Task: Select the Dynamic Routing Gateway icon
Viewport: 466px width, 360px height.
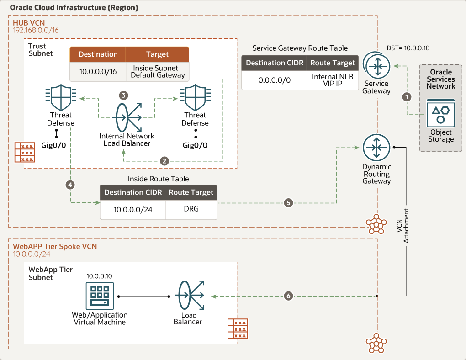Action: (376, 148)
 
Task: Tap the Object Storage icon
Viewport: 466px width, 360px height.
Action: (440, 113)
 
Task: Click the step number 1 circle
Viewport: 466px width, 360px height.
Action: (405, 96)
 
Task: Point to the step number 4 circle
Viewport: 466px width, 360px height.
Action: (70, 185)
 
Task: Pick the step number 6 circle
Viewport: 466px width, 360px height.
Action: (288, 296)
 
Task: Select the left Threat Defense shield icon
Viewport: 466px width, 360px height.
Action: (60, 97)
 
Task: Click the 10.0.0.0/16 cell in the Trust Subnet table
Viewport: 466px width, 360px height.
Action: (98, 71)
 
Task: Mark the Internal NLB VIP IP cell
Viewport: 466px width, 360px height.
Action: (333, 80)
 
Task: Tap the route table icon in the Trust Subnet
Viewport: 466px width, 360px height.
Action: (24, 153)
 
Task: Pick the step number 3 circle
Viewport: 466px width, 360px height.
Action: (123, 95)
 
